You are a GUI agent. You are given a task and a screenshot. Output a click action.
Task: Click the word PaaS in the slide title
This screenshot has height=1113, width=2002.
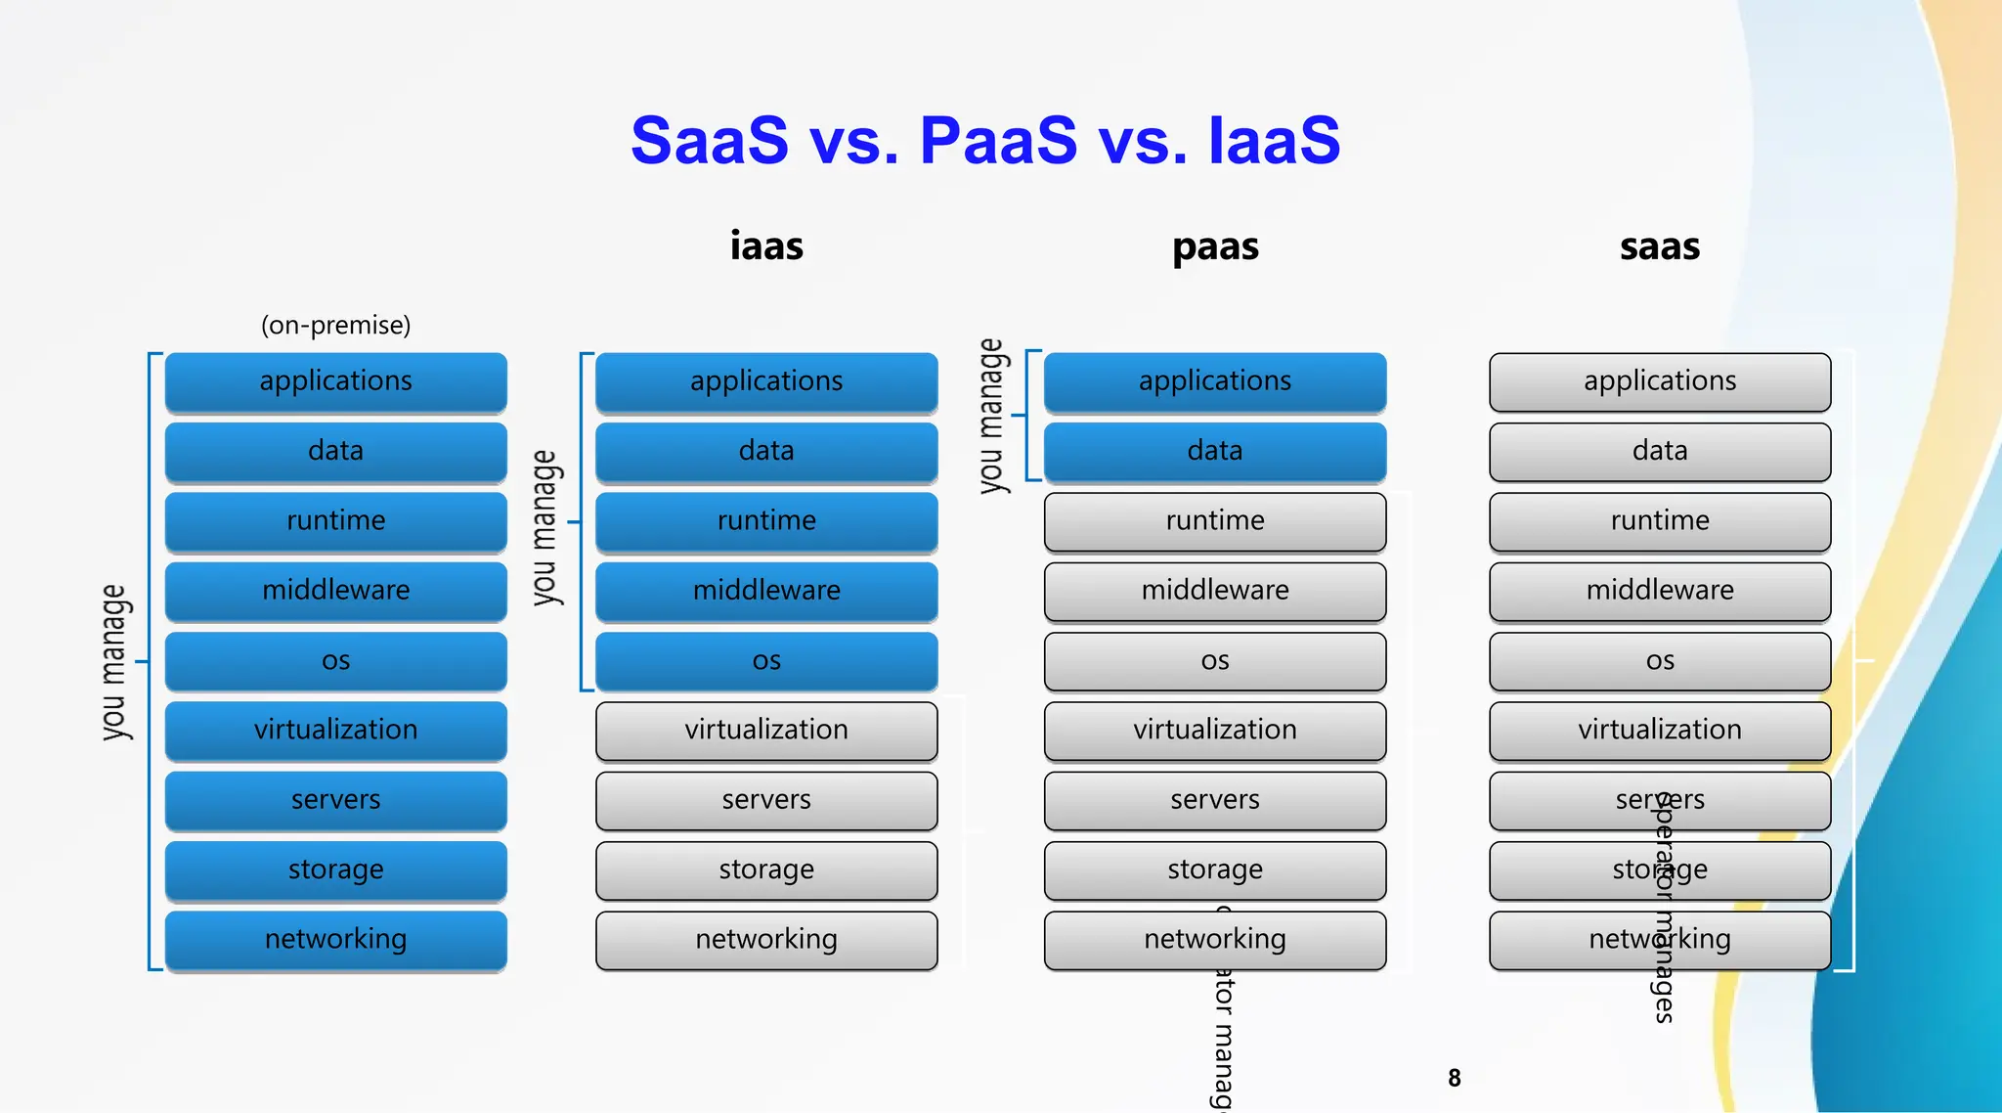pos(998,141)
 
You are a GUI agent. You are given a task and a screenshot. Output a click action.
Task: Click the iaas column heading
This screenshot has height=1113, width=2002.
pos(766,246)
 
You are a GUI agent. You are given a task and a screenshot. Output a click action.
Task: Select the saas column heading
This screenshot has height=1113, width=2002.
pos(1659,246)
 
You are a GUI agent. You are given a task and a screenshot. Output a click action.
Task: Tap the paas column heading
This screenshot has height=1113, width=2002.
pos(1215,246)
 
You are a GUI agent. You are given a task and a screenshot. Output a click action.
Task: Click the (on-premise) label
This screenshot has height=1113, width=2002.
pos(335,325)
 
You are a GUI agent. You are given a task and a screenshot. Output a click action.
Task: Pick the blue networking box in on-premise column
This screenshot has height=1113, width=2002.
pos(335,940)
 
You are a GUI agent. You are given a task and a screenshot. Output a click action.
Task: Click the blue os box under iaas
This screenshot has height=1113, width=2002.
pos(766,661)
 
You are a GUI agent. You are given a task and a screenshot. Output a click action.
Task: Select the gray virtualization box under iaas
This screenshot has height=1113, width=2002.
pos(766,731)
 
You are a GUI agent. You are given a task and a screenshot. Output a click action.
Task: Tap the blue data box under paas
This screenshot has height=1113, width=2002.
pos(1215,451)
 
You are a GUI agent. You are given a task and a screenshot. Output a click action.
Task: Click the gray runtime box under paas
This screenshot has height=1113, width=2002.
pos(1215,521)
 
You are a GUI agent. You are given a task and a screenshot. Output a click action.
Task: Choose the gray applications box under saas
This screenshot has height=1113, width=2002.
pos(1660,381)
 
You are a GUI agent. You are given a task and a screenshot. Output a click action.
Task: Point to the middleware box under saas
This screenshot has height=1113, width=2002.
pos(1660,591)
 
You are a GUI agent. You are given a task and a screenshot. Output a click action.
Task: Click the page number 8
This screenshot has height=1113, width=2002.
pos(1455,1078)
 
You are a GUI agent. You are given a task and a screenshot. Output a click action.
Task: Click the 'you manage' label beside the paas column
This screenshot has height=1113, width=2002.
pos(991,416)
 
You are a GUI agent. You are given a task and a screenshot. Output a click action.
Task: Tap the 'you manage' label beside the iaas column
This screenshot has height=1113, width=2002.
pos(544,527)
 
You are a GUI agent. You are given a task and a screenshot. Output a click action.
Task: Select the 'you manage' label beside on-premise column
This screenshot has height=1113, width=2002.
pos(114,662)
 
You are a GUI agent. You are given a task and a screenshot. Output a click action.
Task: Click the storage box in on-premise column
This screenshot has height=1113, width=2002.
pos(335,869)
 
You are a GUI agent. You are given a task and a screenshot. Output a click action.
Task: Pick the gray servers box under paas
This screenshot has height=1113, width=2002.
pos(1215,800)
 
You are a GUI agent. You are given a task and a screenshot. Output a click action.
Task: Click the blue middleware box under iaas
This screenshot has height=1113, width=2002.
pos(766,591)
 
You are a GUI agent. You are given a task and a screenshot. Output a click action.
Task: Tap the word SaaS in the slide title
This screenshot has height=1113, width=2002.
pos(710,141)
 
